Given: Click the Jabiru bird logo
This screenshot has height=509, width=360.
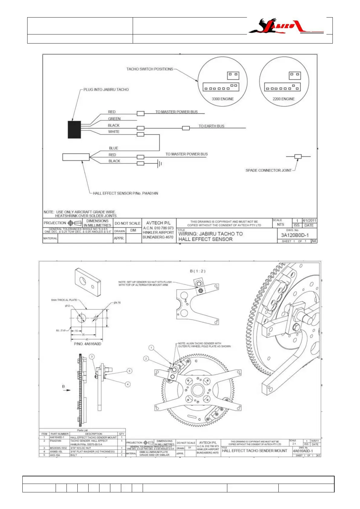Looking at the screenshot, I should pos(286,26).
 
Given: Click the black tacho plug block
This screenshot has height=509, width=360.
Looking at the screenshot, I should pos(74,130).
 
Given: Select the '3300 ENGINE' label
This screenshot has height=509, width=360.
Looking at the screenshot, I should pos(222,99).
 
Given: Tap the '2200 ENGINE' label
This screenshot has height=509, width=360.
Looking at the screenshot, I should pos(284,99).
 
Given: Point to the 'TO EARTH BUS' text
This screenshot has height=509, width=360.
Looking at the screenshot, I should pos(211,126).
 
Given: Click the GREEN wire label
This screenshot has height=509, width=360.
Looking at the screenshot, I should pos(114,119).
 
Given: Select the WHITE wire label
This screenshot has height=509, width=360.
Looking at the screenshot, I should pos(114,132).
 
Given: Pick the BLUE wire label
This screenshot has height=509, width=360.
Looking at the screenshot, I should pos(114,148).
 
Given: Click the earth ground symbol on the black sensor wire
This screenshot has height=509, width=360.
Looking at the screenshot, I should pos(160,164).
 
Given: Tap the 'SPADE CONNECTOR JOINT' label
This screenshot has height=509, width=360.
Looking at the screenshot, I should pos(268,170).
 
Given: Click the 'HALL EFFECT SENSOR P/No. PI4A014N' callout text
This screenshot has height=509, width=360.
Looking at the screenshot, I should pos(125,193).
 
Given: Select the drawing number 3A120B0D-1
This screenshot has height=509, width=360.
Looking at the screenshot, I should pos(295,235).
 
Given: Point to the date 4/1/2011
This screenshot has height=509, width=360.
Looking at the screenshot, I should pos(309,221).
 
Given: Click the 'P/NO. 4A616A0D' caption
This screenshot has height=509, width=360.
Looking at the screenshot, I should pos(88,344).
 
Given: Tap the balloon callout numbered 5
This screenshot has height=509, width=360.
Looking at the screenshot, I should pos(129,371).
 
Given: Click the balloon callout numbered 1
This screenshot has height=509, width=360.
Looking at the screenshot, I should pos(151,348).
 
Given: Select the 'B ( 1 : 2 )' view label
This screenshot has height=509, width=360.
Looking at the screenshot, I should pos(197,271).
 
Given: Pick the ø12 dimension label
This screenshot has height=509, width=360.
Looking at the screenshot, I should pos(67,306).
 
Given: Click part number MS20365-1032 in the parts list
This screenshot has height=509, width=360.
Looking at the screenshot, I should pos(58,448).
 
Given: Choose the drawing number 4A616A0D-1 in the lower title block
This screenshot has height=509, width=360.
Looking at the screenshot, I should pos(303,451).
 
